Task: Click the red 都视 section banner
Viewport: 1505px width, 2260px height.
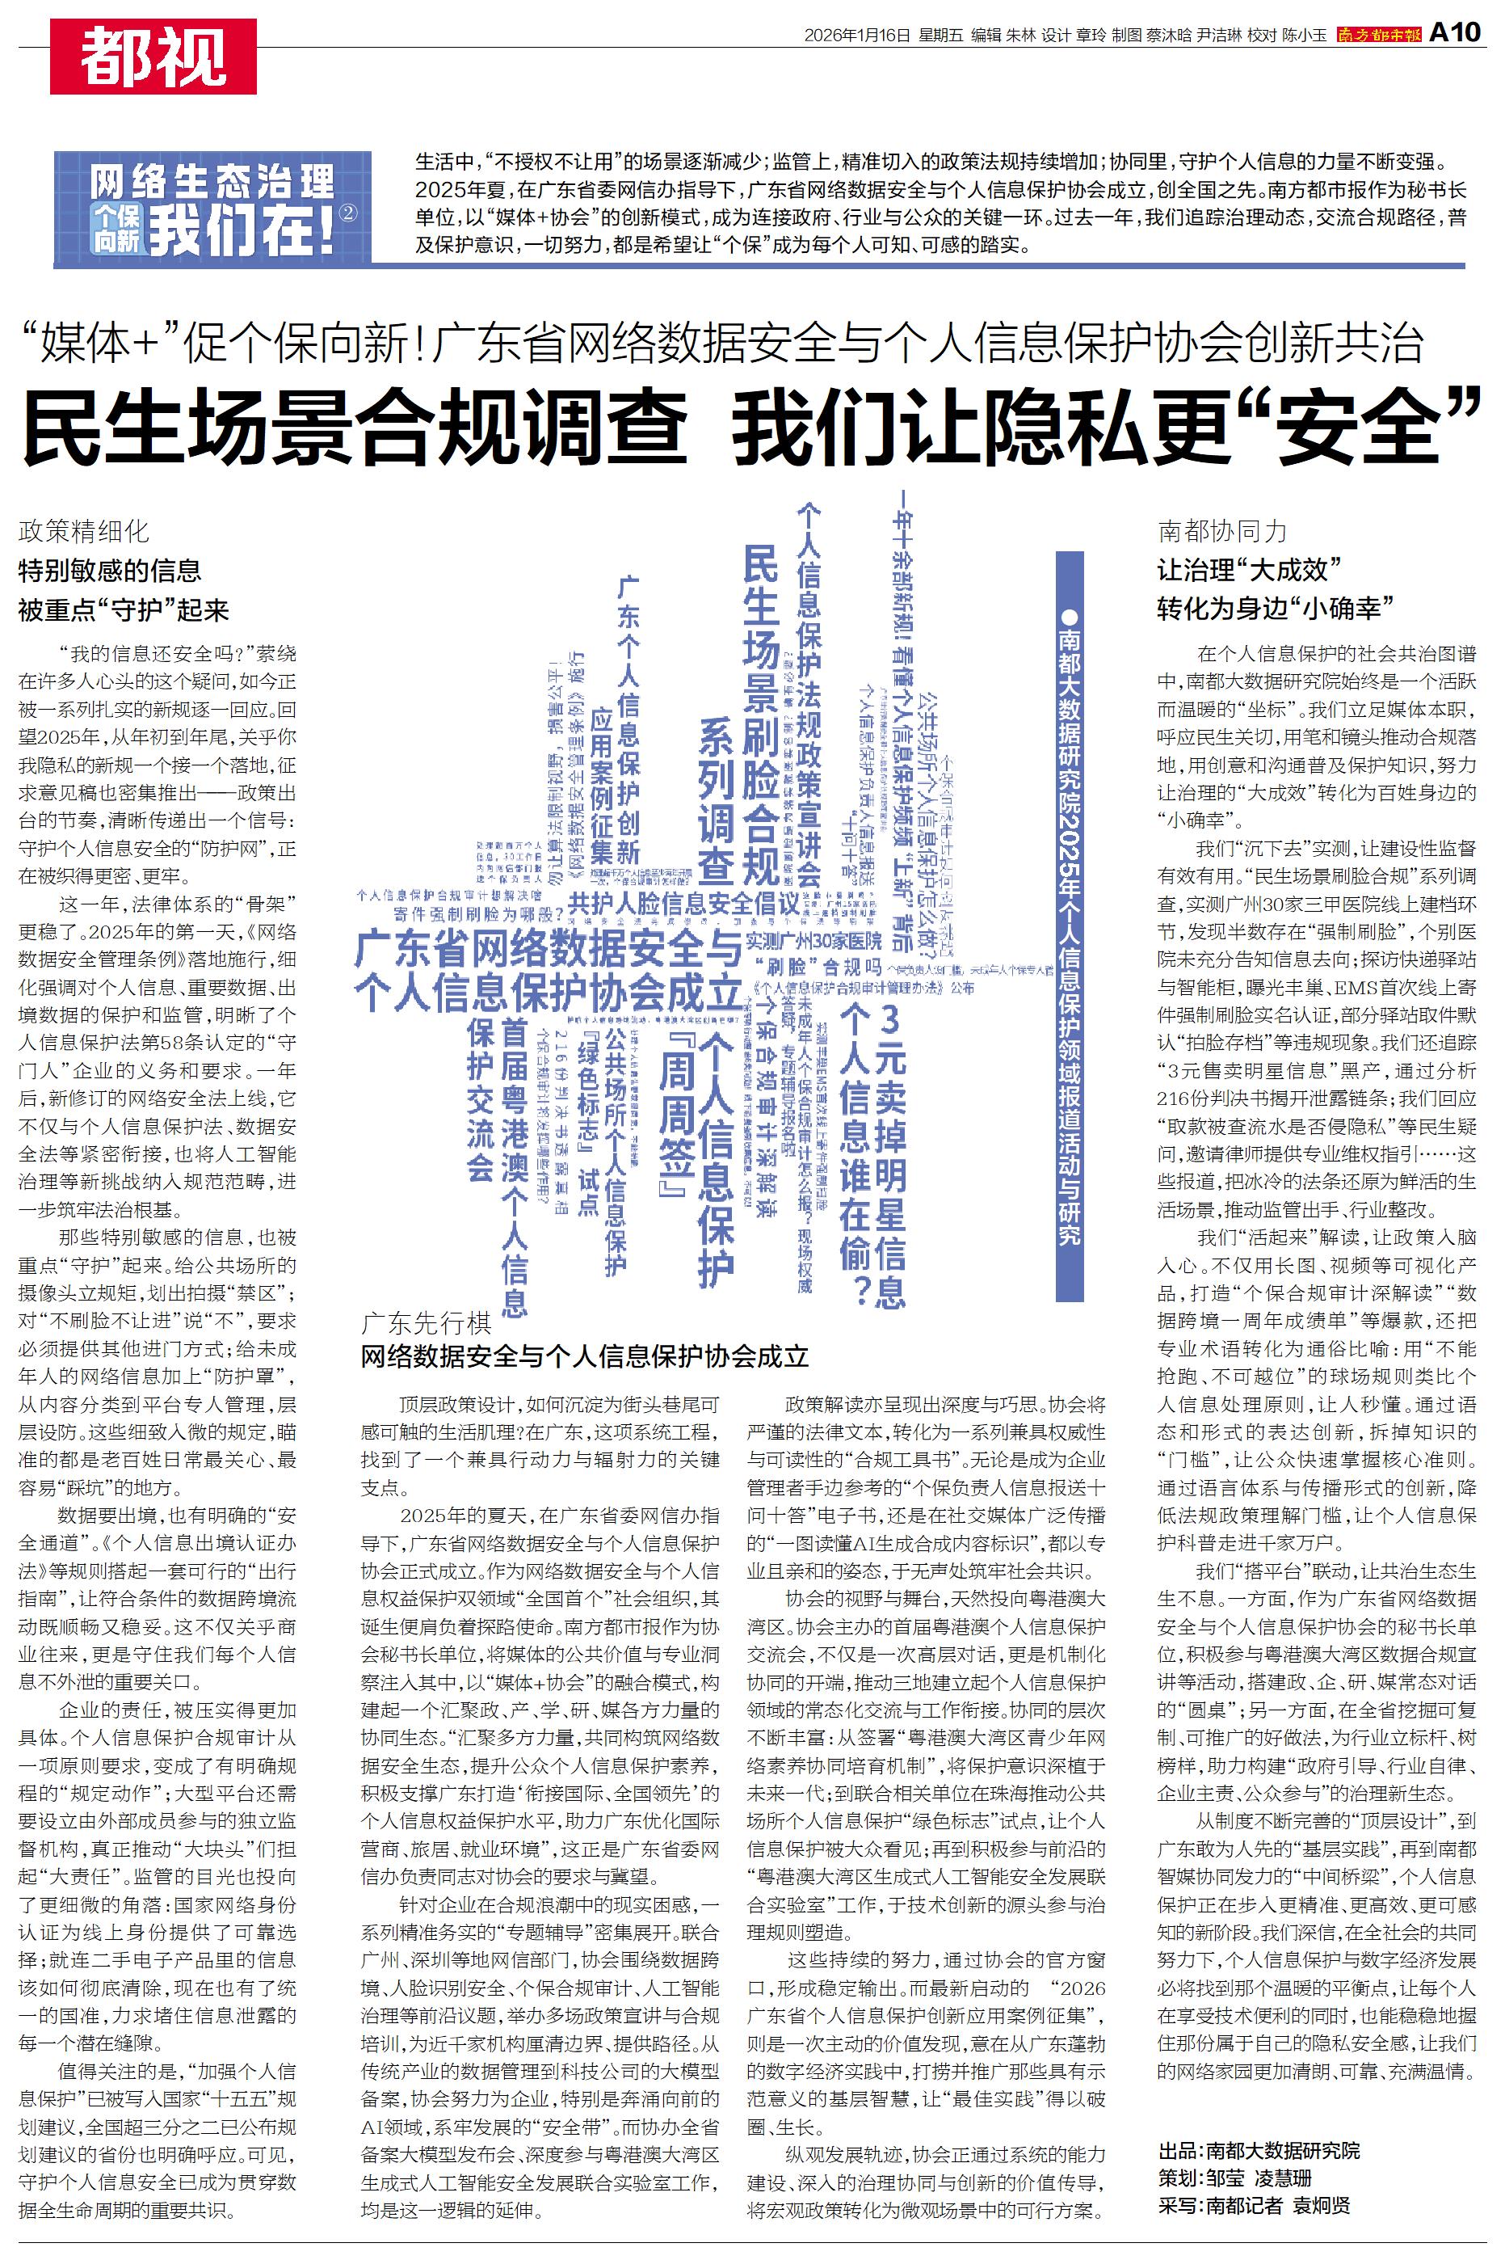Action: point(153,57)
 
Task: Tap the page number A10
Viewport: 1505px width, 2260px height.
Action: point(1455,32)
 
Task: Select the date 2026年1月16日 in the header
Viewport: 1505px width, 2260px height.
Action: point(856,36)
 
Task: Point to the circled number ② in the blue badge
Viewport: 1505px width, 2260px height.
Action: point(348,213)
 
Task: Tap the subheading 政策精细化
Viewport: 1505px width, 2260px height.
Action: point(83,531)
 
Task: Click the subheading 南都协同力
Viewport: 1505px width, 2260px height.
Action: point(1221,531)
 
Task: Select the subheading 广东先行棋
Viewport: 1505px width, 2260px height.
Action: point(427,1323)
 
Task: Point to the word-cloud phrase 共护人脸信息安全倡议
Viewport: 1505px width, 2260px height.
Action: point(683,904)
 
